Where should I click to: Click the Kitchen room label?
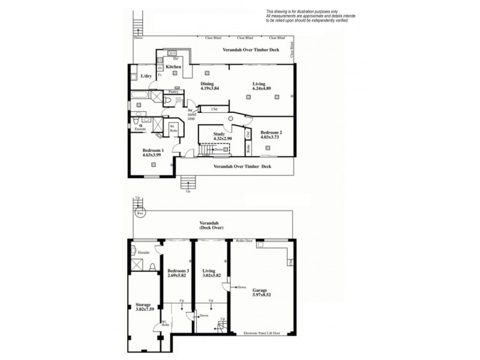pyautogui.click(x=174, y=67)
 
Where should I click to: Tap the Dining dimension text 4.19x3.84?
pyautogui.click(x=206, y=88)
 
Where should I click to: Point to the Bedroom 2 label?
pyautogui.click(x=271, y=131)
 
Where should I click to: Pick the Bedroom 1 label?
pyautogui.click(x=152, y=149)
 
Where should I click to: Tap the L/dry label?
pyautogui.click(x=146, y=77)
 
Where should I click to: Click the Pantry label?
pyautogui.click(x=173, y=92)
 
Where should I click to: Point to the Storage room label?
pyautogui.click(x=143, y=305)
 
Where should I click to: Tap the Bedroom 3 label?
pyautogui.click(x=178, y=271)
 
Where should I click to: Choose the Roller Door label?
pyautogui.click(x=244, y=241)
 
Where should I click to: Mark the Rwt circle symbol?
pyautogui.click(x=140, y=213)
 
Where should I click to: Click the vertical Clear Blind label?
pyautogui.click(x=292, y=49)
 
